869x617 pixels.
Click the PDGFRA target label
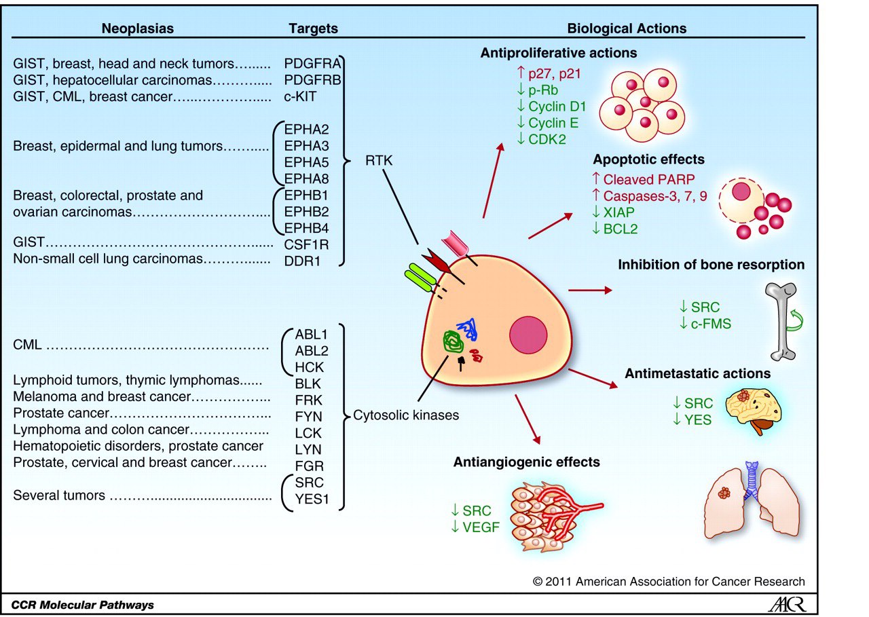click(312, 64)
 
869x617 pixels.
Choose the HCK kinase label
click(309, 367)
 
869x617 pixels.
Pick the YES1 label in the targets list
click(309, 499)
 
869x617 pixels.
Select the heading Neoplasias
click(138, 29)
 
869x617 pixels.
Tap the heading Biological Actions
click(627, 29)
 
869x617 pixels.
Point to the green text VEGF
click(477, 525)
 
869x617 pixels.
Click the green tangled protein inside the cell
click(450, 341)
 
